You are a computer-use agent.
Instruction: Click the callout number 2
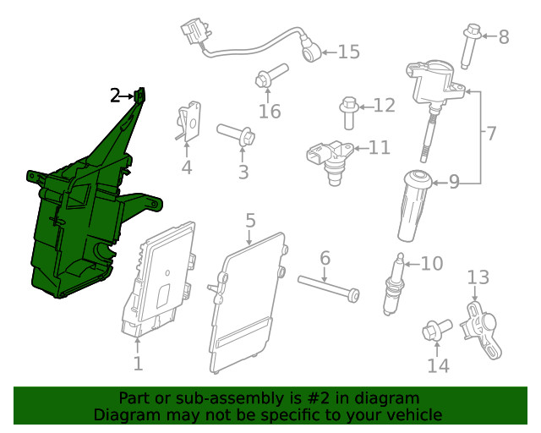[115, 96]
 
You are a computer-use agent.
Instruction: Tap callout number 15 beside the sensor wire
[348, 52]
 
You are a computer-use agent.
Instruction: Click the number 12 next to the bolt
[384, 106]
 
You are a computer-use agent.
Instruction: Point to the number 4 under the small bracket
[186, 167]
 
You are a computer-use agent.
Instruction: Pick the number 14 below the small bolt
[438, 365]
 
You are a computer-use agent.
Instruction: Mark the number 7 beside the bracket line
[490, 133]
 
